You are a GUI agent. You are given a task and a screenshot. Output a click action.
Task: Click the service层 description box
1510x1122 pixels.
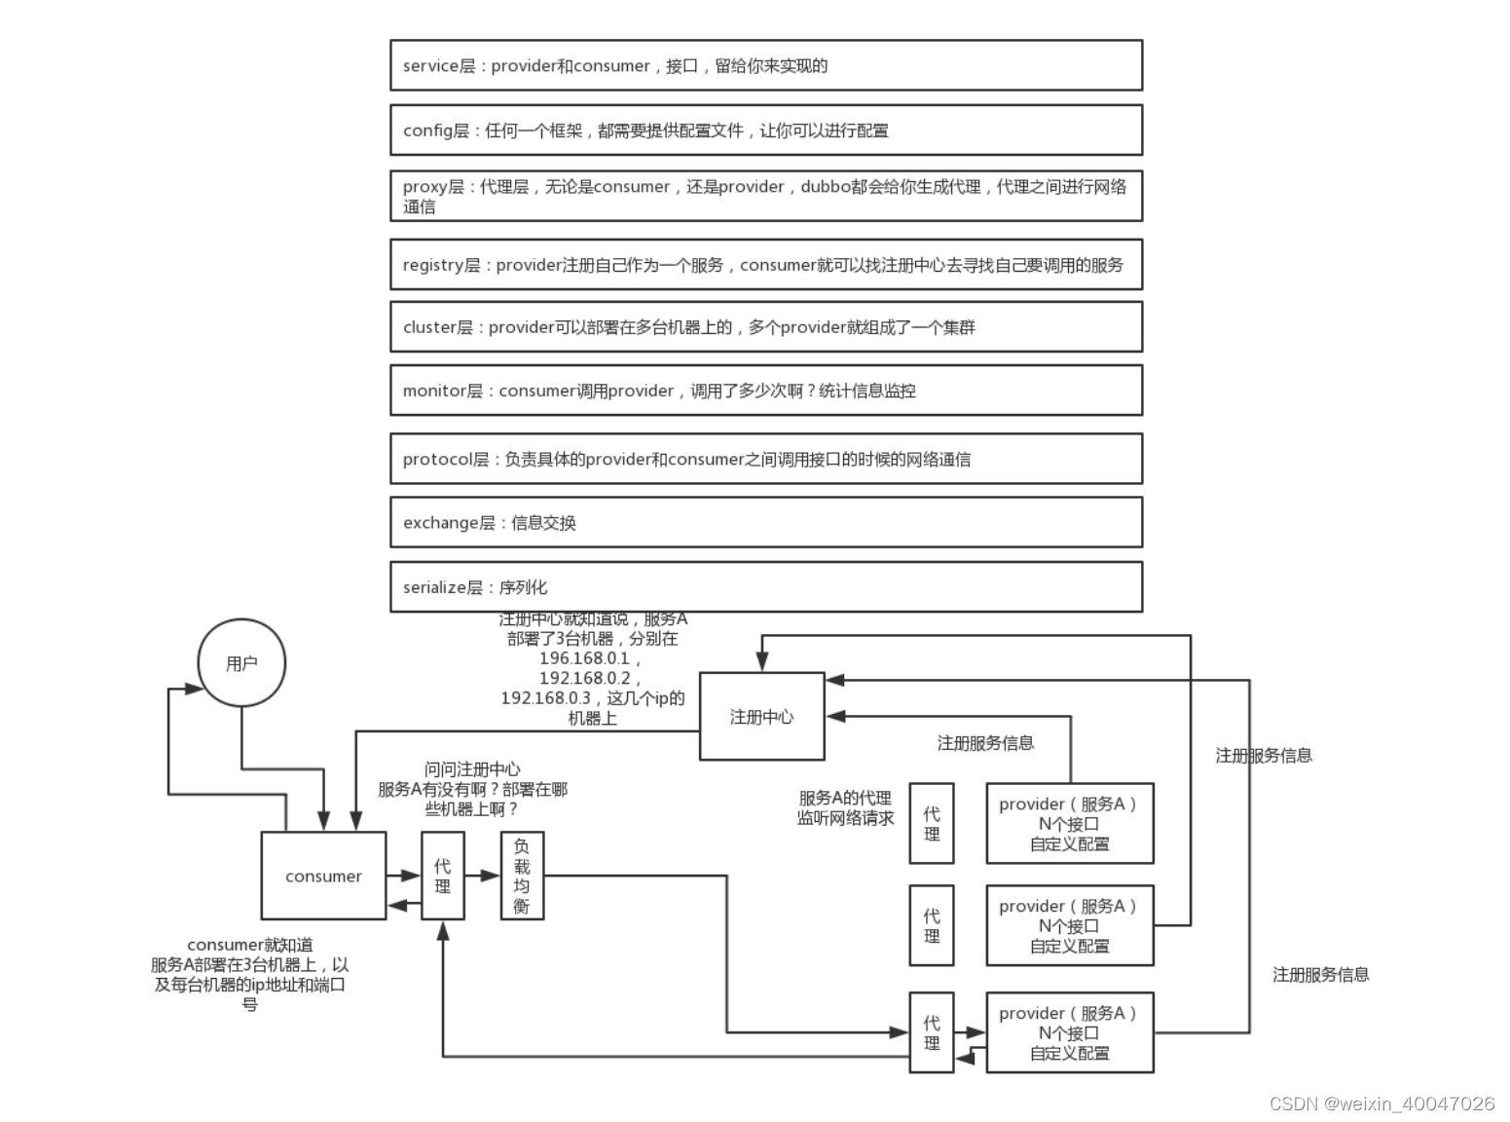tap(765, 65)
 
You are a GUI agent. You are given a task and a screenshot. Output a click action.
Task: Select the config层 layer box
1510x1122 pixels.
tap(765, 131)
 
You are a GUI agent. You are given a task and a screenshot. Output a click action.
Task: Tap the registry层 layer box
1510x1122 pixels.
tap(765, 265)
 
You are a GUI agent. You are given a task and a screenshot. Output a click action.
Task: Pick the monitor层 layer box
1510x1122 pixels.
tap(765, 391)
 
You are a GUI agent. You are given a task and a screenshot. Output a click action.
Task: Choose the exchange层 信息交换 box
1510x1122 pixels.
tap(765, 523)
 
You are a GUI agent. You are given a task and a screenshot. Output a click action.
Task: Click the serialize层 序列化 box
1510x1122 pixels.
tap(765, 587)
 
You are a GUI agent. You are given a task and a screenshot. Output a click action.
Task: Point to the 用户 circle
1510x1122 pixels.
tap(241, 663)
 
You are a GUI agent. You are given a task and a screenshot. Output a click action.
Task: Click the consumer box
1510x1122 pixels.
tap(323, 876)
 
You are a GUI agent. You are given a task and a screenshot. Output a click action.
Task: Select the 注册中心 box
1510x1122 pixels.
tap(761, 717)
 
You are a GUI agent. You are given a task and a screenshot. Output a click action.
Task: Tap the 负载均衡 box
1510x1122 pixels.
tap(522, 876)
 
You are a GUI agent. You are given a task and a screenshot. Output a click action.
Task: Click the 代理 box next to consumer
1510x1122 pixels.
tap(443, 876)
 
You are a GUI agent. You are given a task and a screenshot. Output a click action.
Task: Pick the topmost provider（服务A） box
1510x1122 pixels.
tap(1069, 823)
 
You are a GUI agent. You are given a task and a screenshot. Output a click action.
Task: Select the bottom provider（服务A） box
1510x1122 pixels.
tap(1069, 1032)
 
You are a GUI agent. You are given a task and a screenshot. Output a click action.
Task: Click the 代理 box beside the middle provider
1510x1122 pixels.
tap(931, 925)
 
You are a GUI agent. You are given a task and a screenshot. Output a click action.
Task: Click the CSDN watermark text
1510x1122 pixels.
tap(1381, 1103)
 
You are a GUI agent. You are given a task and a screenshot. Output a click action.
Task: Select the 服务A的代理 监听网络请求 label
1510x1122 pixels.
tap(845, 808)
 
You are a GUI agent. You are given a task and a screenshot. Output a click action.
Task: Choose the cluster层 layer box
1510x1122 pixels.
tap(765, 327)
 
